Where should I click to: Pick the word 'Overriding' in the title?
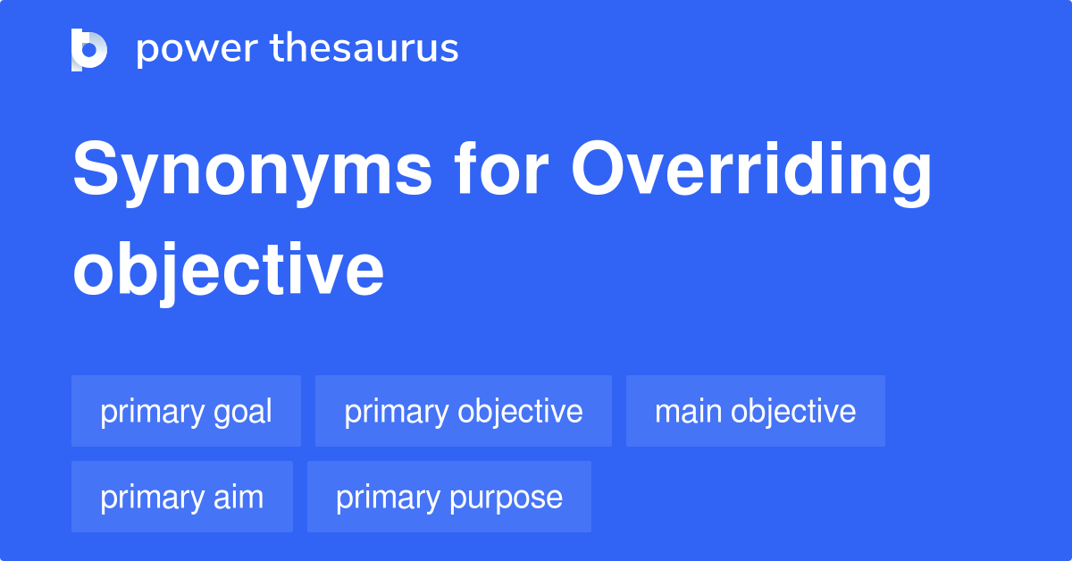click(x=751, y=173)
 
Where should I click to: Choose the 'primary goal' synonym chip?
click(x=186, y=411)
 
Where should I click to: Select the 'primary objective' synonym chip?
click(x=463, y=411)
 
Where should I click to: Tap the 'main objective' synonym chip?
click(x=755, y=411)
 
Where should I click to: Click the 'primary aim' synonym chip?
click(x=181, y=497)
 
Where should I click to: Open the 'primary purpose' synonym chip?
click(x=448, y=497)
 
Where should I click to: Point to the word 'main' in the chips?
click(x=688, y=411)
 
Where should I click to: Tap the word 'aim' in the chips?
click(x=239, y=497)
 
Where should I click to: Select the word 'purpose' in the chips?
click(x=519, y=498)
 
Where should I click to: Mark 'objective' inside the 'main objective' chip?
click(x=792, y=411)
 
